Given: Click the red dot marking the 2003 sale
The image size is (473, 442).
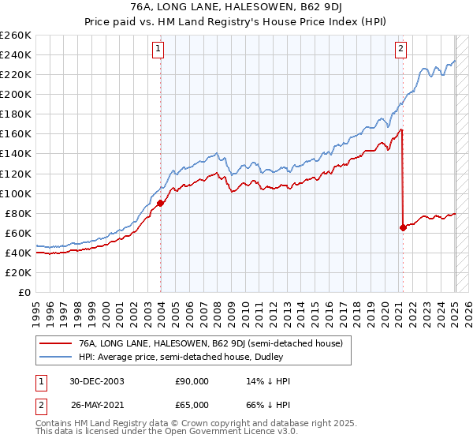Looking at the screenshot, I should point(161,203).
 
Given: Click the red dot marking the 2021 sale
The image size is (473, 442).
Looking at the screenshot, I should point(403,227).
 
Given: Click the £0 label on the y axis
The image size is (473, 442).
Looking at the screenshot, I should point(25,293).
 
